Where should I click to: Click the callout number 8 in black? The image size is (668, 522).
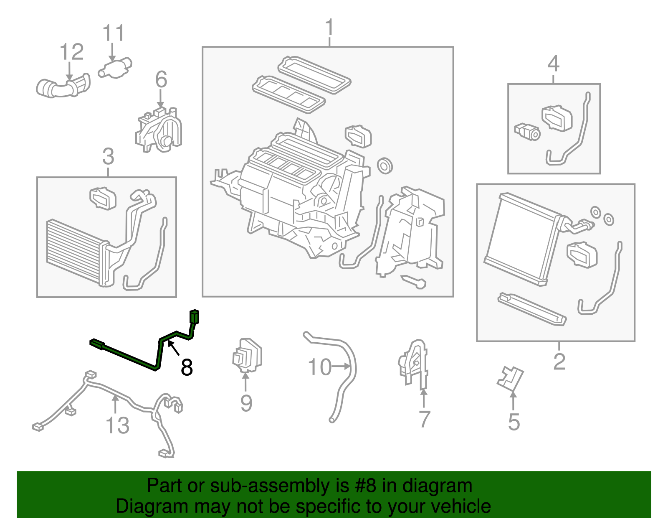187,367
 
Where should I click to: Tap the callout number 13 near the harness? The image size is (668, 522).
117,425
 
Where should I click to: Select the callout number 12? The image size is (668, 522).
71,52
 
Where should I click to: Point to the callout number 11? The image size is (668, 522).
113,33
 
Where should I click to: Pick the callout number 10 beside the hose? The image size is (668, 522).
319,367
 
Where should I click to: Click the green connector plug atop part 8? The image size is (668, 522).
194,316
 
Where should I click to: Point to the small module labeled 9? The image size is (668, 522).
247,355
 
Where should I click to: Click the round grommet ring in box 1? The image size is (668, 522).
384,166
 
